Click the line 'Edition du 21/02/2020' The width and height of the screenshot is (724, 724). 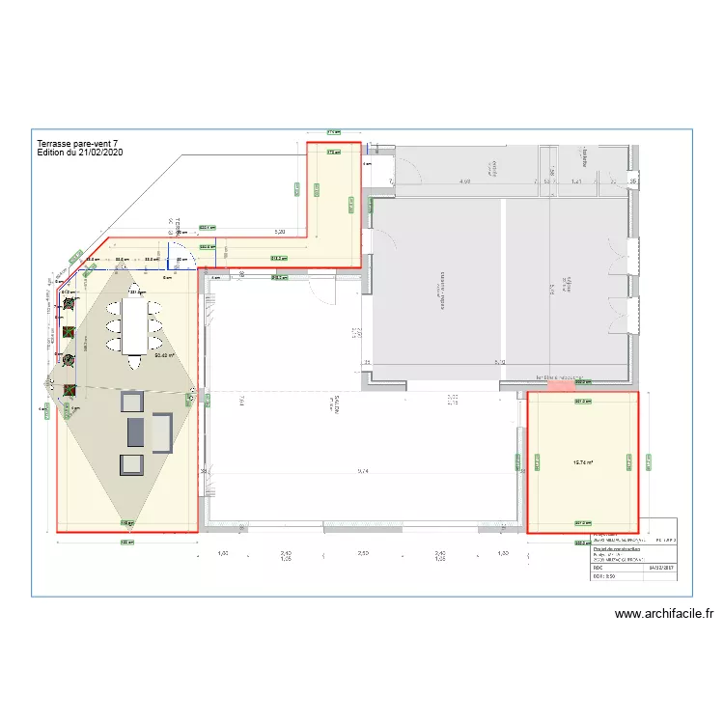click(x=79, y=153)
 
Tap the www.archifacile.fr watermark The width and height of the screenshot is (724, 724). click(x=663, y=613)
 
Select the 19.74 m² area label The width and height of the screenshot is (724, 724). click(x=582, y=462)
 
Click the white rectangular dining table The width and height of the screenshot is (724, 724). click(x=134, y=324)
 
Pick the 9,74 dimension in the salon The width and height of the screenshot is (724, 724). click(x=363, y=471)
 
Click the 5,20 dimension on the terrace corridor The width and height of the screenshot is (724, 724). click(x=280, y=232)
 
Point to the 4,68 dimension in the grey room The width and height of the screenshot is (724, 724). click(x=464, y=181)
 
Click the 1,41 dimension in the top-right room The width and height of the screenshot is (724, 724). click(x=576, y=181)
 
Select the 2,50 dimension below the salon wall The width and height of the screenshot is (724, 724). click(x=363, y=553)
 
